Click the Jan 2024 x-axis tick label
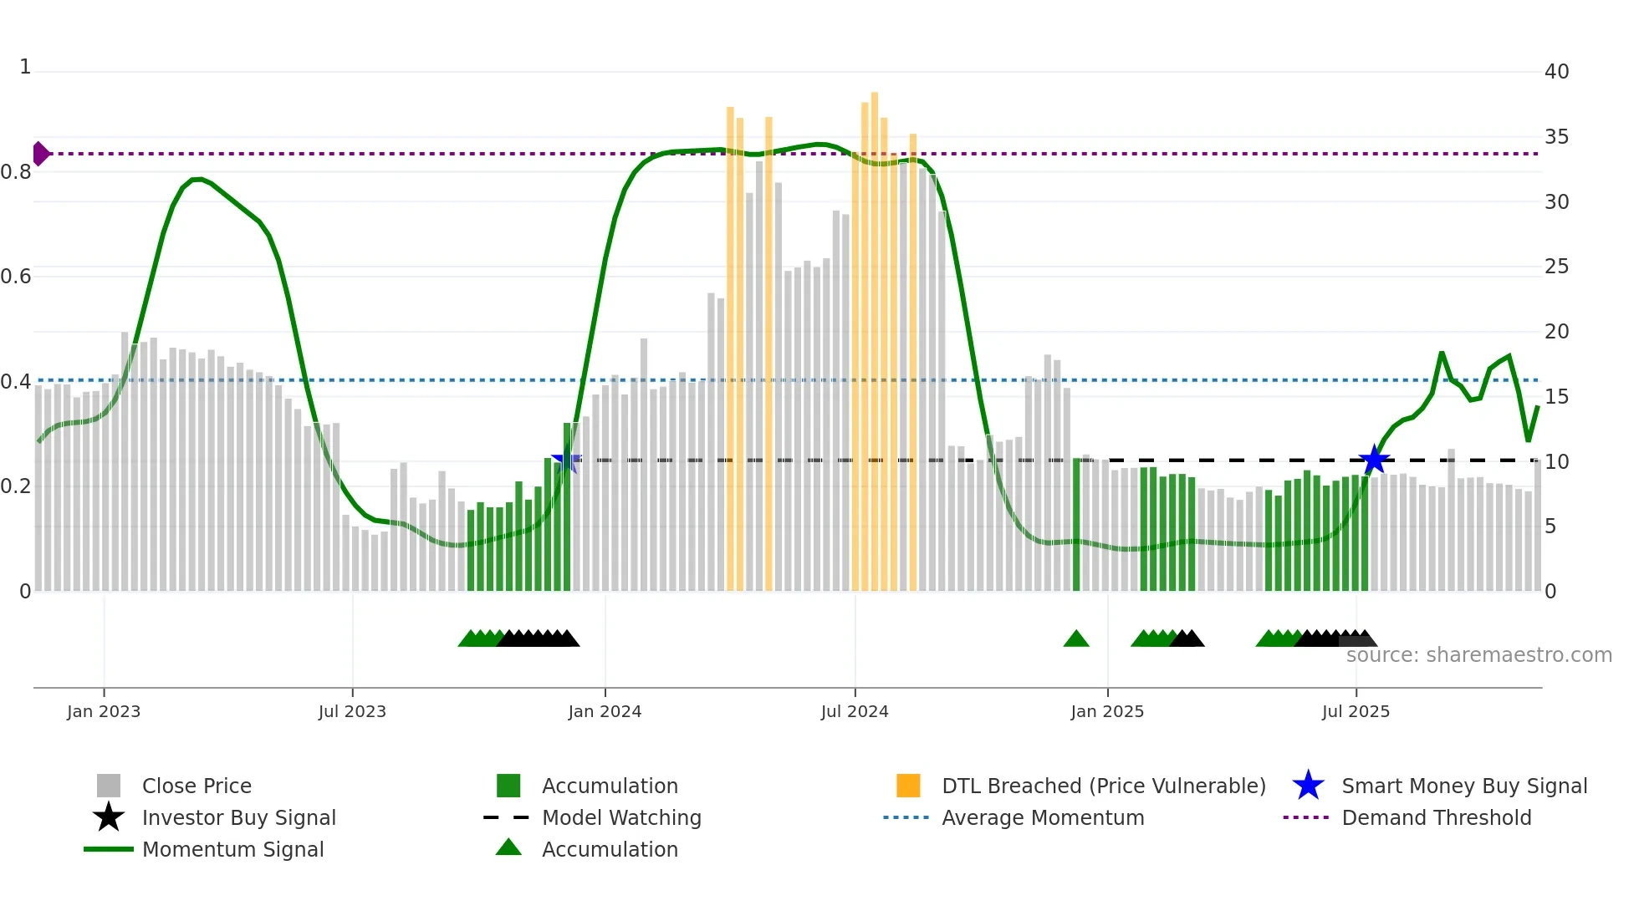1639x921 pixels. (605, 711)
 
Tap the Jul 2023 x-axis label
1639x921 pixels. (352, 711)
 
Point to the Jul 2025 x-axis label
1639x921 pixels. (1356, 711)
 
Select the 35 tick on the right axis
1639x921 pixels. (1556, 136)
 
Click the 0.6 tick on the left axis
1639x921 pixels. (16, 277)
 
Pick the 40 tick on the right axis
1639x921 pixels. (1556, 72)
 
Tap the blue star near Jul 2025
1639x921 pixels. (1374, 460)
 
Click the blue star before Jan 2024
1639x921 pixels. (566, 459)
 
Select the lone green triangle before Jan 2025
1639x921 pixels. (1076, 639)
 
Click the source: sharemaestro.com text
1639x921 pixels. (1478, 655)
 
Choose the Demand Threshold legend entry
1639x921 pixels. (1436, 817)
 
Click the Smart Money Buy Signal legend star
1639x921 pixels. (1308, 786)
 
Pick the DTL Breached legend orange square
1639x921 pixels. (908, 786)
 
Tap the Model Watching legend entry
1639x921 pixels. (620, 817)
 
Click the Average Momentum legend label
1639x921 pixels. (1042, 817)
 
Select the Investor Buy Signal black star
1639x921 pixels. (109, 817)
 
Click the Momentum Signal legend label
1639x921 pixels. (232, 849)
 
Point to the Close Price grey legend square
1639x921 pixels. (109, 786)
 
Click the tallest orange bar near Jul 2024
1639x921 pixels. (875, 334)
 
